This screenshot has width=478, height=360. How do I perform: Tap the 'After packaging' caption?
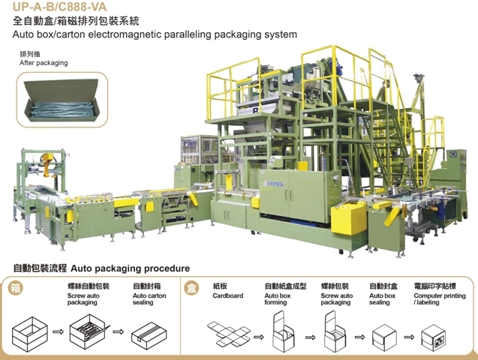[43, 63]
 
